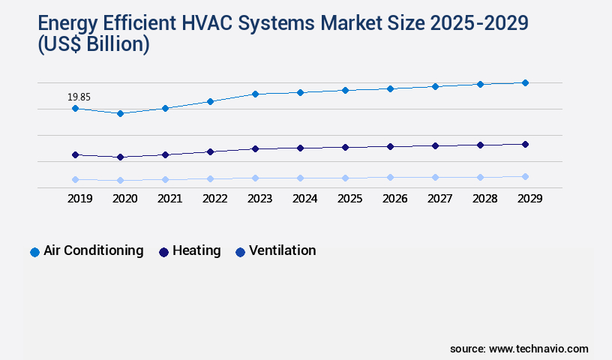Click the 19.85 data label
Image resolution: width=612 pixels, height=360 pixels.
click(x=79, y=97)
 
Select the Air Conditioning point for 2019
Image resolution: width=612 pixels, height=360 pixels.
click(x=75, y=109)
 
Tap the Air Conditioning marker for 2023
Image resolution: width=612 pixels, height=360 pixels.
click(x=255, y=94)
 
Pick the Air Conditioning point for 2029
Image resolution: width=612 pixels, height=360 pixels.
click(x=525, y=82)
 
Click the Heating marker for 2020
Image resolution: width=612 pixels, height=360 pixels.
click(x=120, y=157)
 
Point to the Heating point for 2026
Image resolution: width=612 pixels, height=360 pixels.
click(x=390, y=146)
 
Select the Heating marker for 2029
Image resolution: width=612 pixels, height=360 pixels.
click(x=525, y=144)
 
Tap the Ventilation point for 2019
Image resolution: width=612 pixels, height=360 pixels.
click(x=75, y=179)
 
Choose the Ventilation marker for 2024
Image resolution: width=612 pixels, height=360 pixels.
click(x=300, y=178)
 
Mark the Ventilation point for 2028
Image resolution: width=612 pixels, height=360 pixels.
click(x=480, y=177)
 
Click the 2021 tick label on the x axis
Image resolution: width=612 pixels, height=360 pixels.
click(x=169, y=199)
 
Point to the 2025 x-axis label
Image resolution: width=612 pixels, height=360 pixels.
click(x=349, y=199)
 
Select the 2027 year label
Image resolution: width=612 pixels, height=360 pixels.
click(x=439, y=199)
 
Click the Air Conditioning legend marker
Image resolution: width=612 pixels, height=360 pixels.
click(x=34, y=252)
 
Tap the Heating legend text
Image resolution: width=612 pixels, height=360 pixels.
click(x=196, y=250)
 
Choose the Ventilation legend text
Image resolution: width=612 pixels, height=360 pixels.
click(x=282, y=250)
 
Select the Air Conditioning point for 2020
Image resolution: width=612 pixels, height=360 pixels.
click(x=120, y=113)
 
